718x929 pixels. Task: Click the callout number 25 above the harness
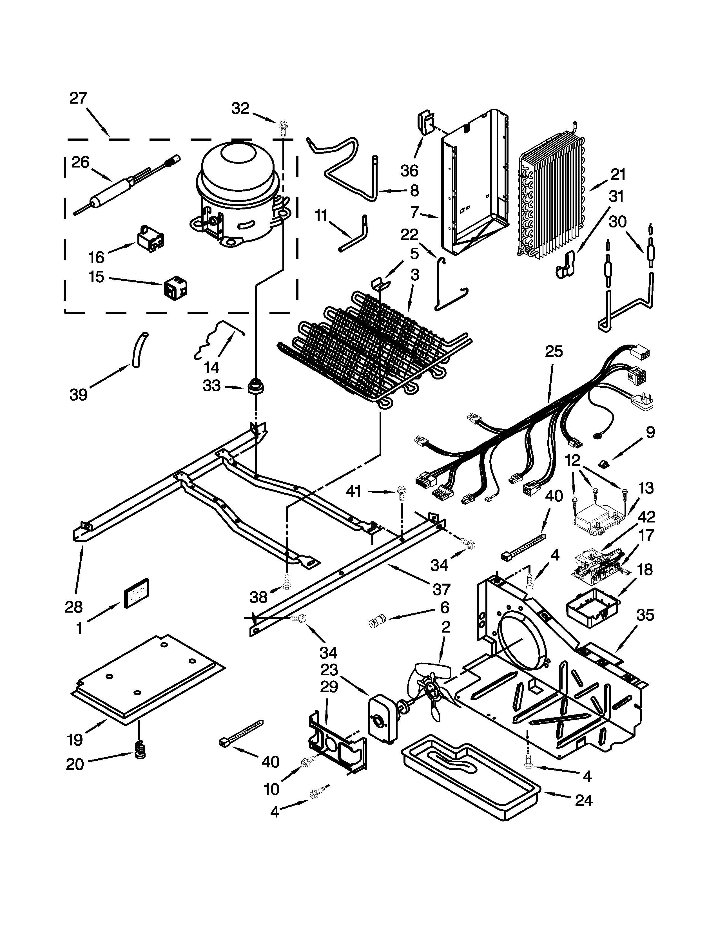(554, 352)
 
